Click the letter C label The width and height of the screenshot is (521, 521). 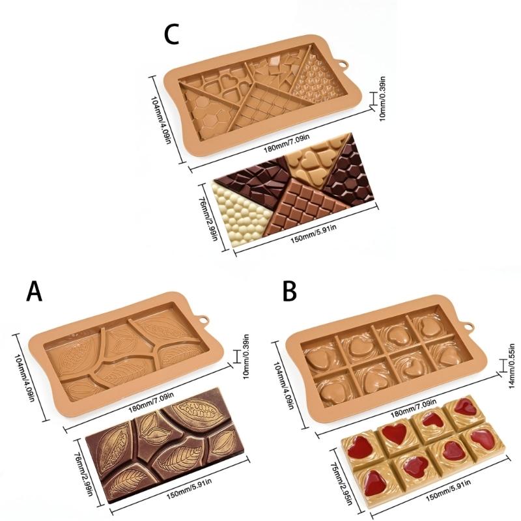click(171, 34)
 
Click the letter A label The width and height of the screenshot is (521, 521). click(35, 290)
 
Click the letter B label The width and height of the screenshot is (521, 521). click(289, 290)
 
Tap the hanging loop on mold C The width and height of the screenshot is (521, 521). click(342, 63)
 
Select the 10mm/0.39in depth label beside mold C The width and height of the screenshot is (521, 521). click(382, 99)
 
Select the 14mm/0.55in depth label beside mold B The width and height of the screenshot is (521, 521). click(513, 366)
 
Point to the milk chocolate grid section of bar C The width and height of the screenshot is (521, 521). click(305, 205)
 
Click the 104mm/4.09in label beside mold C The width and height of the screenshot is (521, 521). click(162, 120)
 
